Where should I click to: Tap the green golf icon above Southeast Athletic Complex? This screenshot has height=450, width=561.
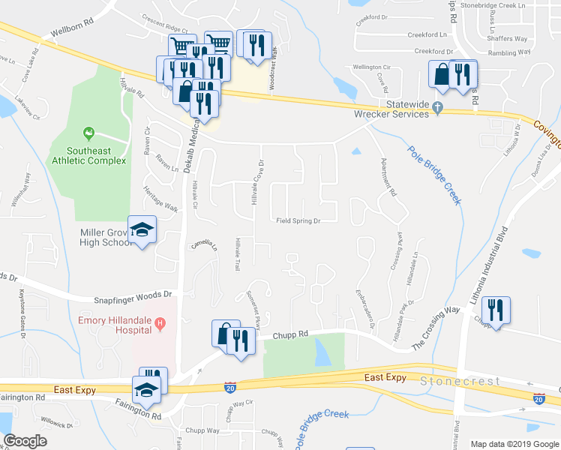click(89, 134)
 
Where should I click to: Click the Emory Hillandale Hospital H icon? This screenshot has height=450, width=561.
click(159, 324)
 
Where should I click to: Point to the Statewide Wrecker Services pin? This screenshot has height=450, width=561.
click(436, 113)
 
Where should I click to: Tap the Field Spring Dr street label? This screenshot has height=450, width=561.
click(298, 221)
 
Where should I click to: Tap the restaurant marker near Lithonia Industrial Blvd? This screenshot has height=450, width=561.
click(495, 309)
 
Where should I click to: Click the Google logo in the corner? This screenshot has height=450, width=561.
click(25, 441)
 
